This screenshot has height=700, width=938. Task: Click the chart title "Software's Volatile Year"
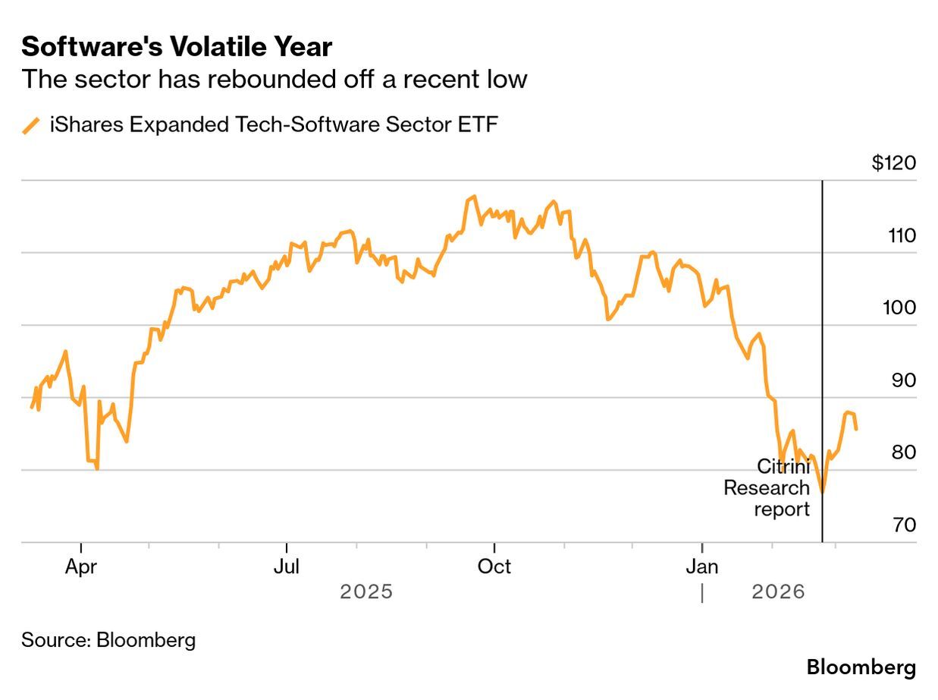point(177,47)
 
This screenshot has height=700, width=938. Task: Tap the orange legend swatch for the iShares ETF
point(31,125)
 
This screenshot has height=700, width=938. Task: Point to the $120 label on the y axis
point(894,163)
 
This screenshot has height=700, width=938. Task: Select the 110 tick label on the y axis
point(902,236)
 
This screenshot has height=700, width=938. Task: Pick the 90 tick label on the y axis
point(903,380)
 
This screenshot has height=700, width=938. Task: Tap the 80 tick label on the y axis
point(903,452)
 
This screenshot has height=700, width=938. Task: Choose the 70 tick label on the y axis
point(903,525)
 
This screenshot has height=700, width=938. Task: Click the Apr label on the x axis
point(81,567)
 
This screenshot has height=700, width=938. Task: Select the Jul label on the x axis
point(287,567)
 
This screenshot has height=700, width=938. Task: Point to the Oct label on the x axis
point(494,567)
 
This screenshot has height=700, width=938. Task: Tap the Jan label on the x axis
point(702,567)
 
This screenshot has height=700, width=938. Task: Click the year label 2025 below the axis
point(366,591)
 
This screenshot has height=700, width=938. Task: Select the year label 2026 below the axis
point(778,591)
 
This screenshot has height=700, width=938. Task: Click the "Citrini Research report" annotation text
point(767,487)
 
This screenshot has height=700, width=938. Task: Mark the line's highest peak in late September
point(474,197)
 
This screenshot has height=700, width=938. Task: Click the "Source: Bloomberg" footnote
point(108,640)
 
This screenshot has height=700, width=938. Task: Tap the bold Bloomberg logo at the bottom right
point(861,668)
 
